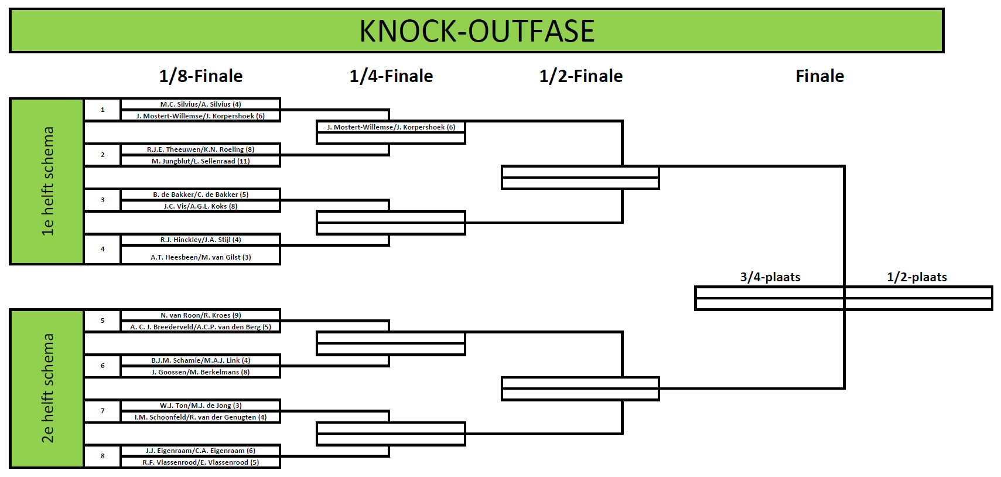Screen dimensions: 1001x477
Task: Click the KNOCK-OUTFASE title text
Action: (x=477, y=31)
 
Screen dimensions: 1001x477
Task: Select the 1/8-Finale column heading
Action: (x=201, y=76)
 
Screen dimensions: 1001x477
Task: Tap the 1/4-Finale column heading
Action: (x=391, y=76)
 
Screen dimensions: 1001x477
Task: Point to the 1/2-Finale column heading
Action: (x=581, y=76)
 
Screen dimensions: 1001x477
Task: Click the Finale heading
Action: (x=819, y=76)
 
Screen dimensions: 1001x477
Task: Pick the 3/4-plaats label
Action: (x=770, y=277)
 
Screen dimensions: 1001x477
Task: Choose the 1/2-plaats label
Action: (x=917, y=277)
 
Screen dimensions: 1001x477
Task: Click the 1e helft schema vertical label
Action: (x=47, y=181)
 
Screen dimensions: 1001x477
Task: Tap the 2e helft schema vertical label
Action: (x=47, y=388)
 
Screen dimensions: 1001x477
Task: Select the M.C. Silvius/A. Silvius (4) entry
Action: (x=201, y=104)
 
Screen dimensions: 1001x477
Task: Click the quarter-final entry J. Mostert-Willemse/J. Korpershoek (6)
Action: (x=391, y=127)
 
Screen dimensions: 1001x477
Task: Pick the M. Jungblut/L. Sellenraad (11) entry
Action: (x=201, y=161)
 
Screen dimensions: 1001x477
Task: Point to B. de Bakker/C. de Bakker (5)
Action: (x=201, y=195)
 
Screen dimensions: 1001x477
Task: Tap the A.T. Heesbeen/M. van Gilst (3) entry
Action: (x=201, y=257)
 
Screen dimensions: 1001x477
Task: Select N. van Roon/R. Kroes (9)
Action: (x=201, y=315)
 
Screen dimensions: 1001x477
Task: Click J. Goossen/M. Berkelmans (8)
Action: (x=201, y=372)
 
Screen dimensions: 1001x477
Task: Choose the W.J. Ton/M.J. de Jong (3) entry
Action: (x=201, y=406)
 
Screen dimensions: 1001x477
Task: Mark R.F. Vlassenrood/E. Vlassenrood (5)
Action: (x=201, y=462)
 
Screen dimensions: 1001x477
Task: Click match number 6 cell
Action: (x=103, y=366)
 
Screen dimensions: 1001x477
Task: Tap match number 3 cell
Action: (x=103, y=200)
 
